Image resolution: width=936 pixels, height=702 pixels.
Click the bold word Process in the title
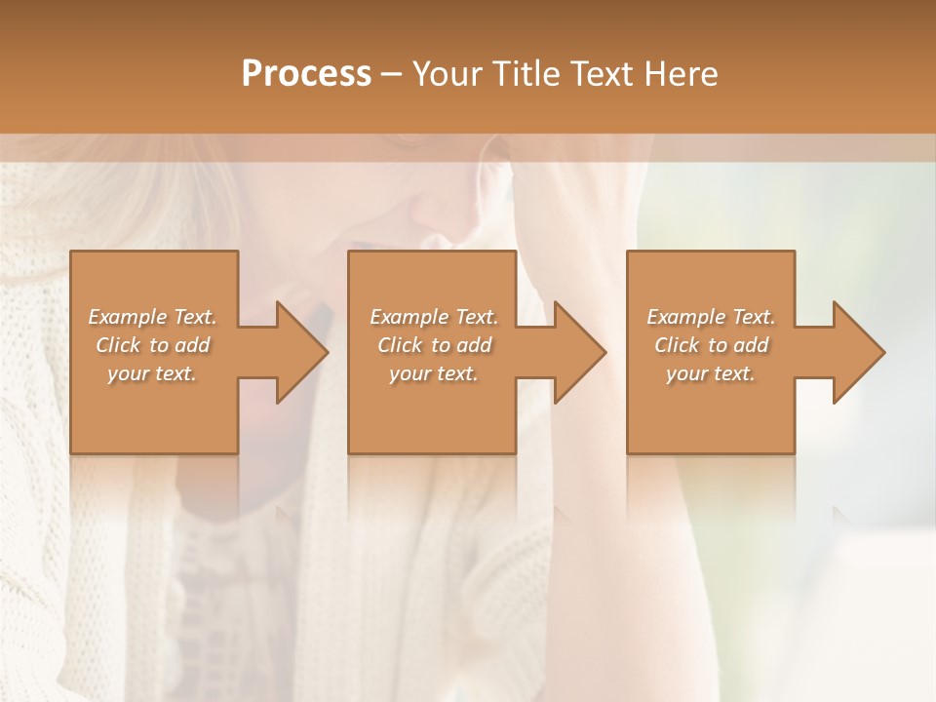[x=306, y=74]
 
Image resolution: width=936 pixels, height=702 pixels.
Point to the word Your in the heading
[x=448, y=74]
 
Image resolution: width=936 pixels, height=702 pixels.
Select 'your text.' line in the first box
[x=152, y=373]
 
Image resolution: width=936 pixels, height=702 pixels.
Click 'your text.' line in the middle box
[x=433, y=373]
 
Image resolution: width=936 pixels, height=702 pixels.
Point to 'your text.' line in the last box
[x=710, y=373]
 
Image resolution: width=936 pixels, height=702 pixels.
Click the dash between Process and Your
[x=392, y=74]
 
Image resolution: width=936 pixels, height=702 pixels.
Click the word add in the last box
[x=750, y=345]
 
